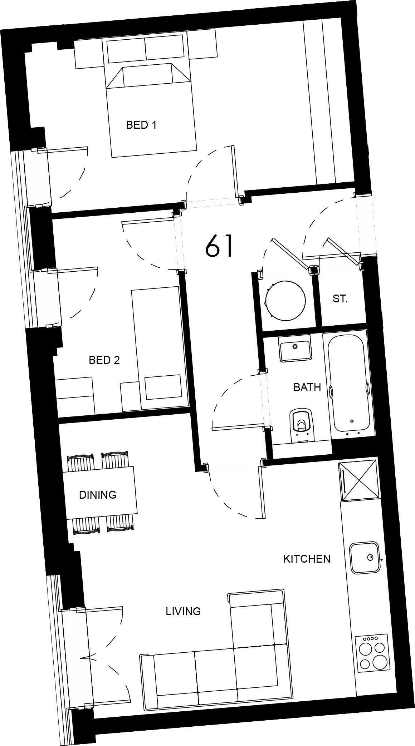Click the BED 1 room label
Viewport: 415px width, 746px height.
[x=141, y=125]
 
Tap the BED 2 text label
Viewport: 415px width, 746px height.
[x=104, y=360]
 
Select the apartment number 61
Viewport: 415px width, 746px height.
[x=220, y=246]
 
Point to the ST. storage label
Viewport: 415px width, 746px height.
[x=340, y=299]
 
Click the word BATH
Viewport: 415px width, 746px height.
[x=307, y=387]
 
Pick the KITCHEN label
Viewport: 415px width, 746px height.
[x=307, y=559]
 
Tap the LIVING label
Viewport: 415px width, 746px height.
[x=183, y=611]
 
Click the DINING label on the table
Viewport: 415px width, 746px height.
[x=98, y=495]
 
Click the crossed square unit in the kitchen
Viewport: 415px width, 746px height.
[x=359, y=480]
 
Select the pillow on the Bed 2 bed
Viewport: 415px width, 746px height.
[x=163, y=387]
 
